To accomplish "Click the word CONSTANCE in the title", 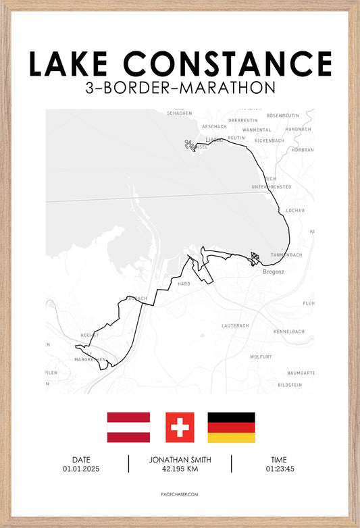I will pos(229,63).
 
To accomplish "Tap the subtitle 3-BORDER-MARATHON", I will pos(180,88).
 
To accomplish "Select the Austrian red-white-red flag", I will pos(128,427).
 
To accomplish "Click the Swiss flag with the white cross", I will pos(180,427).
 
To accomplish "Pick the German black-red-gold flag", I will pos(231,427).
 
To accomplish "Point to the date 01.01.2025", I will pos(81,469).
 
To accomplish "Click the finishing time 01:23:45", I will pos(280,469).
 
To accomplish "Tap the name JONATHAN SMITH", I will pos(180,460).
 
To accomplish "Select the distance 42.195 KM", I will pos(180,469).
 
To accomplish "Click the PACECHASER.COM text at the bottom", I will pos(180,494).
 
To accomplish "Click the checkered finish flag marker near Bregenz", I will pos(255,257).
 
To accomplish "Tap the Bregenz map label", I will pos(273,271).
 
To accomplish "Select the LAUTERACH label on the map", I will pos(235,325).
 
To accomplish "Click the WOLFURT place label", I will pos(261,356).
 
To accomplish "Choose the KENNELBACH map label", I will pos(290,332).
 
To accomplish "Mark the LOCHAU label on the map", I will pos(296,210).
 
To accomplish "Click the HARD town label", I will pos(184,284).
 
